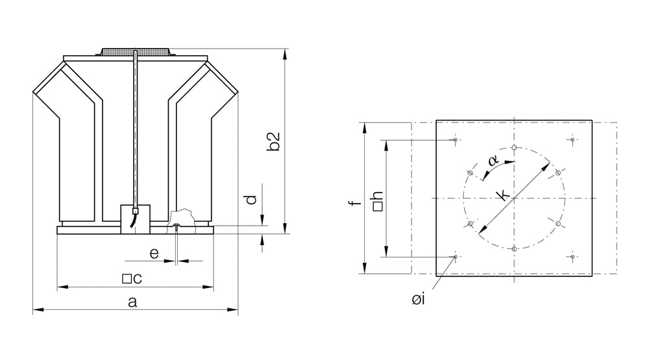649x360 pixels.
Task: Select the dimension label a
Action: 132,301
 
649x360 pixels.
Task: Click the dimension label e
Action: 154,254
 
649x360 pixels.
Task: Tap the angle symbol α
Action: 493,162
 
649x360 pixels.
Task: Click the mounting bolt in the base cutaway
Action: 177,226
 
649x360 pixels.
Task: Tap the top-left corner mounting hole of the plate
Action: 456,139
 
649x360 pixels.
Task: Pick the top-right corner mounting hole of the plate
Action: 572,139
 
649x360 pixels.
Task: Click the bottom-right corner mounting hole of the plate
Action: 572,257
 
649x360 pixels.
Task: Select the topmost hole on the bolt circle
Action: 514,147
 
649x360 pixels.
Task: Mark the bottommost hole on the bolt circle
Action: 514,249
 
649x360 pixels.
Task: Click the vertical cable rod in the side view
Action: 134,130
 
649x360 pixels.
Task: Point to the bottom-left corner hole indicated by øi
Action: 456,257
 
